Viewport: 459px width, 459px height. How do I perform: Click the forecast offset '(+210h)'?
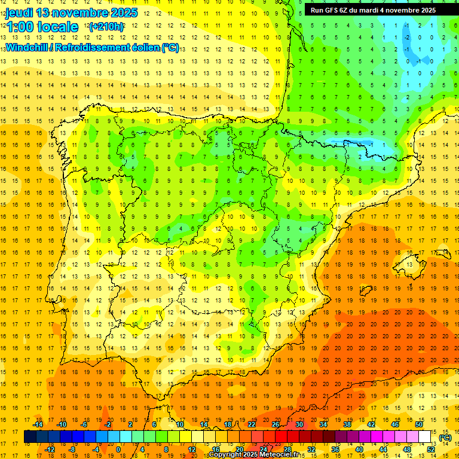(106, 27)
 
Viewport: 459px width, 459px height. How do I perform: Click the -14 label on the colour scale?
(38, 424)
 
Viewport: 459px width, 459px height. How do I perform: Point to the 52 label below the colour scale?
(432, 449)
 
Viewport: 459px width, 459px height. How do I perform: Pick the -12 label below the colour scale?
(50, 449)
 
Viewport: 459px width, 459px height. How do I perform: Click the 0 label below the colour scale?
(118, 449)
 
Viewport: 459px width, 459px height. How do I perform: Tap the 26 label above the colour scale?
(276, 424)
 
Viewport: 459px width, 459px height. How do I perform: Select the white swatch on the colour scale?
(425, 437)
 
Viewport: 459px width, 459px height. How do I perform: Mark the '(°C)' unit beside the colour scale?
(445, 437)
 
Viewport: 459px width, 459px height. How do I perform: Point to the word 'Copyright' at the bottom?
(225, 455)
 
